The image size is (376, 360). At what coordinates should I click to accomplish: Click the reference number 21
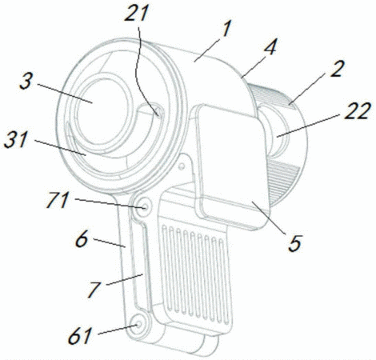[x=136, y=14]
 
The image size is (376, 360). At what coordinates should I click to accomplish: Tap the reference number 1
[x=226, y=29]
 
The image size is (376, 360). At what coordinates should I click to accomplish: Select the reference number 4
[x=270, y=47]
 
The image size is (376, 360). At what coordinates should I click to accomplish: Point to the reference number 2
[x=337, y=69]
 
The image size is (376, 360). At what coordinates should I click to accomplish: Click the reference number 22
[x=357, y=110]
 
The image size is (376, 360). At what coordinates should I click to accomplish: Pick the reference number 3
[x=26, y=81]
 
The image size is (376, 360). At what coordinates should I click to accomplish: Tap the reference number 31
[x=16, y=140]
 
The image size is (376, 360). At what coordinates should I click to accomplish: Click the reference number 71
[x=58, y=199]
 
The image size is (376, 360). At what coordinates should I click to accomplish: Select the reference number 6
[x=82, y=239]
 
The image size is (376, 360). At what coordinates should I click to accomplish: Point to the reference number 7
[x=94, y=290]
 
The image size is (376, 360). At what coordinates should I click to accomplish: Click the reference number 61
[x=80, y=335]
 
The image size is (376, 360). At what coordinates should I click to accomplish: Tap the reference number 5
[x=294, y=243]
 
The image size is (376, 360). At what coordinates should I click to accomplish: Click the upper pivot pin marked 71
[x=144, y=206]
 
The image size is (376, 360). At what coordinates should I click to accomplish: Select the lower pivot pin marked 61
[x=138, y=324]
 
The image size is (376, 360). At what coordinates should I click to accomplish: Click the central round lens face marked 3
[x=103, y=112]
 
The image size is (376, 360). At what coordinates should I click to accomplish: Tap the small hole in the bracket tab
[x=182, y=167]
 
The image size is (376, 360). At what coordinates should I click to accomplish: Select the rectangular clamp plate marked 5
[x=231, y=166]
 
